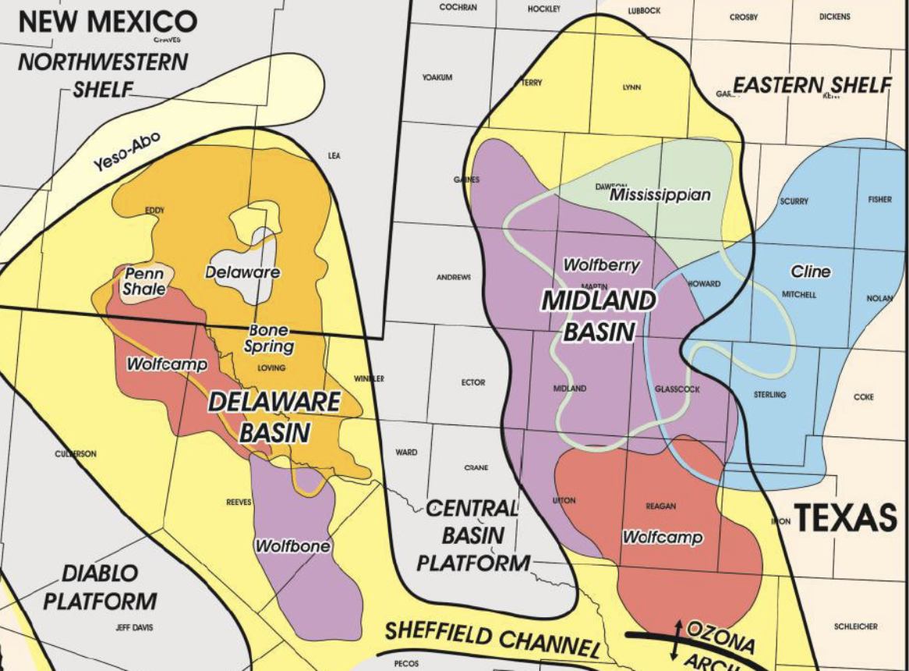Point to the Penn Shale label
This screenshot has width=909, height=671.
pyautogui.click(x=143, y=282)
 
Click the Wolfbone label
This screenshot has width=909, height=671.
pyautogui.click(x=292, y=546)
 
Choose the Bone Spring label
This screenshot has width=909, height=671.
pyautogui.click(x=271, y=339)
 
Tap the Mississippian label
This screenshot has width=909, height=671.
pyautogui.click(x=660, y=194)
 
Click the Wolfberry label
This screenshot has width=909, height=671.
pyautogui.click(x=601, y=265)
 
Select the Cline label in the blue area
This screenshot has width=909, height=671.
pyautogui.click(x=811, y=272)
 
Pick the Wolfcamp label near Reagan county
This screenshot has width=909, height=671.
pyautogui.click(x=662, y=538)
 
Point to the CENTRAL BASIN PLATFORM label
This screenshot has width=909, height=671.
pyautogui.click(x=472, y=535)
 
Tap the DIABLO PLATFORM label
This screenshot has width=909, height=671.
pyautogui.click(x=100, y=587)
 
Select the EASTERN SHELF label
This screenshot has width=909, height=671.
pyautogui.click(x=811, y=85)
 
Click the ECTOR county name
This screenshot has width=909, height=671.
pyautogui.click(x=473, y=382)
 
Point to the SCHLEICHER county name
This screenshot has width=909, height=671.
pyautogui.click(x=855, y=626)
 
